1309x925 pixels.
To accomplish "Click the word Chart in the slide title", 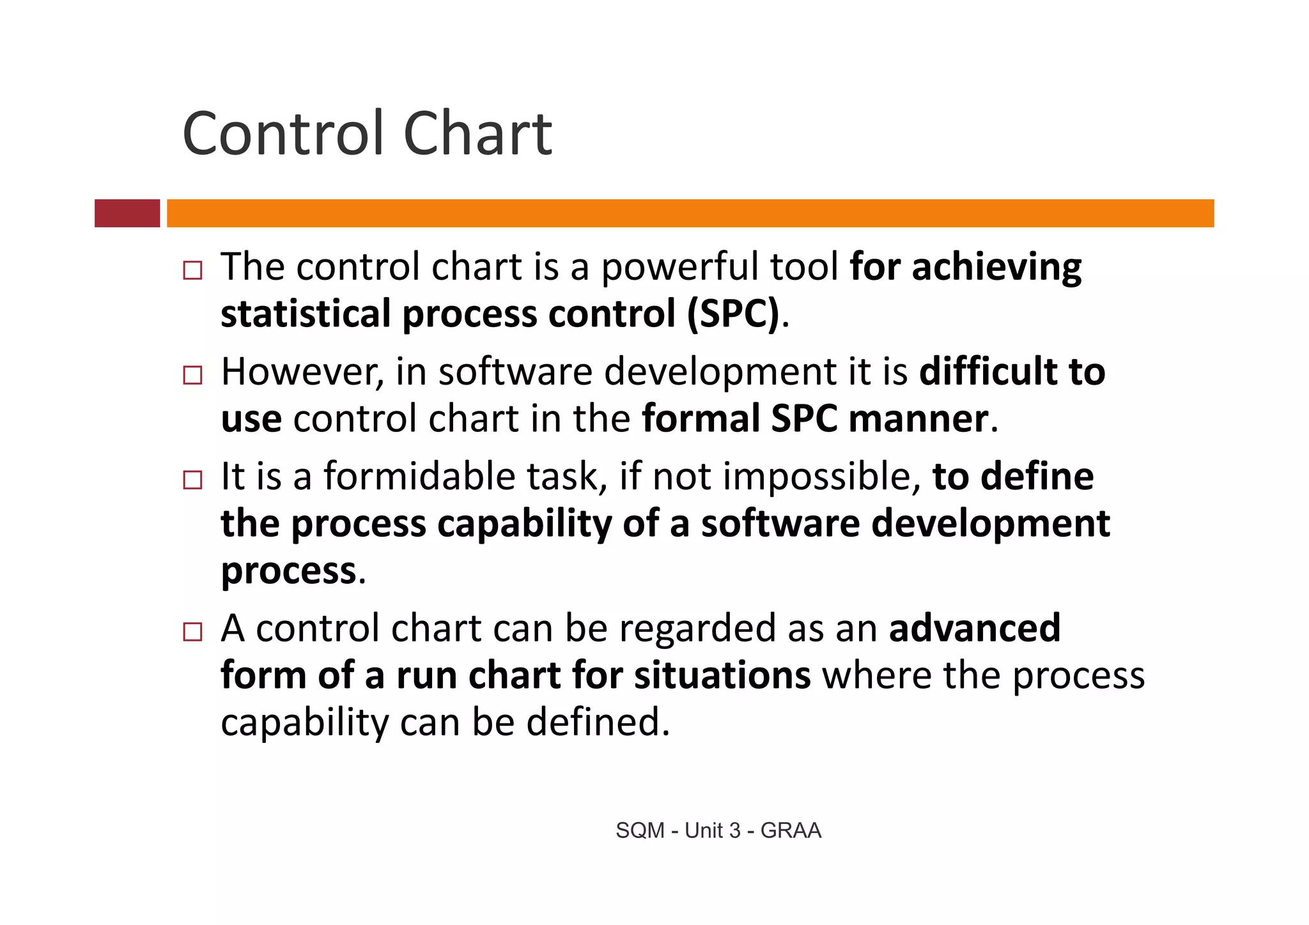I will (x=477, y=134).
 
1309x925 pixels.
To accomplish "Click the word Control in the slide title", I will (x=284, y=134).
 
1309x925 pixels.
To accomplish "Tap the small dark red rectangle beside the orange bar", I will (x=127, y=213).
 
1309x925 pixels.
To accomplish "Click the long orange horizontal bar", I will (x=690, y=213).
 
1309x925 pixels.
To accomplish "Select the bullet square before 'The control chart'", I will (x=192, y=270).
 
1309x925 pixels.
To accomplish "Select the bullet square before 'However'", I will (x=192, y=375).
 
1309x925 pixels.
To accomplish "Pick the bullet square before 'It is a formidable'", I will (x=192, y=480).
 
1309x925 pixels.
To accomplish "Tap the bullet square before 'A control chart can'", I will (x=192, y=632).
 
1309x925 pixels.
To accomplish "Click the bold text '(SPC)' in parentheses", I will (x=734, y=314).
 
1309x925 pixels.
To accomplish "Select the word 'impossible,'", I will (x=822, y=477).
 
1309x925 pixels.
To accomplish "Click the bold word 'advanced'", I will (x=975, y=628).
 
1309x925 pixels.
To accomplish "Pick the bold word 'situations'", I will (x=722, y=675).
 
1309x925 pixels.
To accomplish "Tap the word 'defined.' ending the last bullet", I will (x=598, y=722).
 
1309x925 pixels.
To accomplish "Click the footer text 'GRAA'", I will (x=791, y=830).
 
